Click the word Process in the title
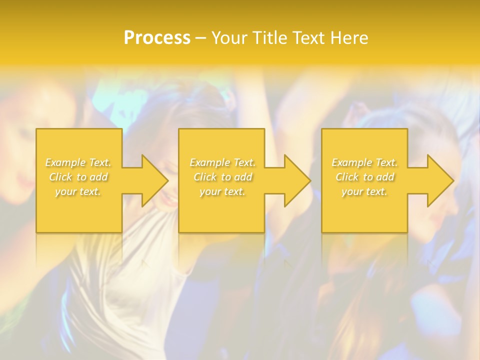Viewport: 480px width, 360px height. (157, 38)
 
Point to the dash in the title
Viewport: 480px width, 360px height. (200, 38)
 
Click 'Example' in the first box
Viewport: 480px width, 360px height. (65, 162)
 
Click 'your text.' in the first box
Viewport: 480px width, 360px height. (78, 191)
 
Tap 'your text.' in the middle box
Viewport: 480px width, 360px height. (222, 191)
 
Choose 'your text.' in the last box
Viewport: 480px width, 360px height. (364, 191)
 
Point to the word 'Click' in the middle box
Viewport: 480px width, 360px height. (204, 177)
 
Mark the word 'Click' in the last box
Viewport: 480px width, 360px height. (346, 177)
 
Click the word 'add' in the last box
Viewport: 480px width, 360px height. (385, 177)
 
